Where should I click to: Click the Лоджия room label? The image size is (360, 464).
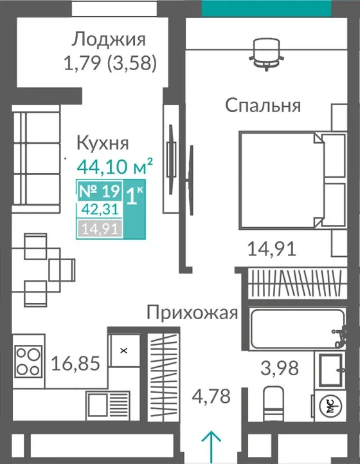(109, 40)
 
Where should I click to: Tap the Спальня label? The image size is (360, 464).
(263, 106)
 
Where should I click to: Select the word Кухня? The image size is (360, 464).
(103, 143)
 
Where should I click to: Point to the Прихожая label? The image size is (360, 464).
(192, 313)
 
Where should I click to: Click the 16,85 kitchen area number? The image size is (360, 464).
(76, 363)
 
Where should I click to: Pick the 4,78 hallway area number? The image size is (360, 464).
(211, 396)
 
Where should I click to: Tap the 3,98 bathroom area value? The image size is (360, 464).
(279, 368)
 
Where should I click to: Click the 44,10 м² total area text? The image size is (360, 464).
(115, 166)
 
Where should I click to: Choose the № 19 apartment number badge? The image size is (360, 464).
(100, 191)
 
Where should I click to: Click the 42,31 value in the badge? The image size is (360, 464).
(100, 210)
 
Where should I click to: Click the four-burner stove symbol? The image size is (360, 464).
(28, 361)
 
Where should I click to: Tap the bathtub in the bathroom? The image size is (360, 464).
(297, 329)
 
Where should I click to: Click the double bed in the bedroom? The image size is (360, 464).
(292, 180)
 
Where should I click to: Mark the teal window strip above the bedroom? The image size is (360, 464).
(266, 8)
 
